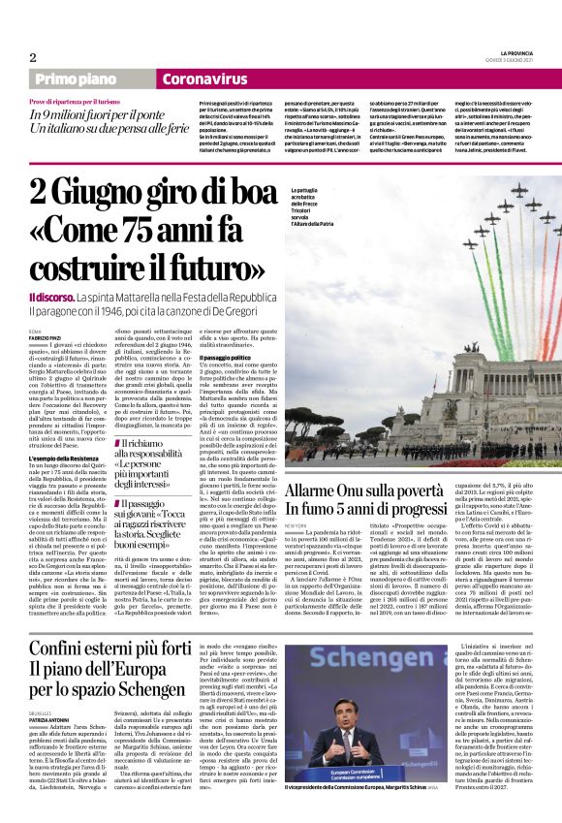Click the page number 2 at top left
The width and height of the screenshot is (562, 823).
[33, 57]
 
